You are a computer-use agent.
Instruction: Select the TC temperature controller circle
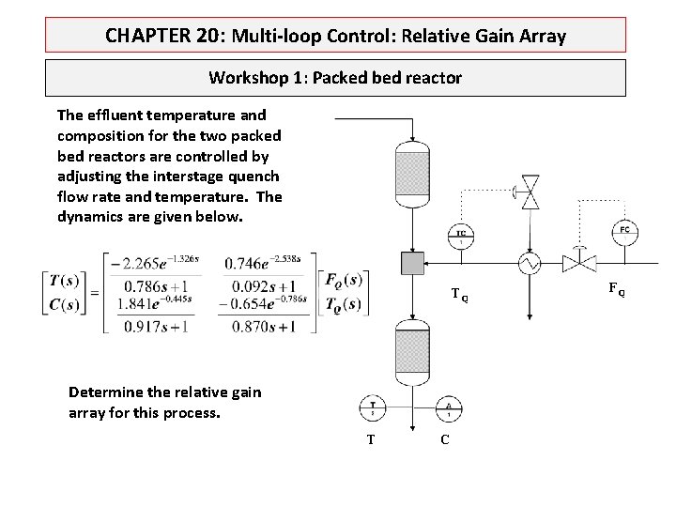point(461,234)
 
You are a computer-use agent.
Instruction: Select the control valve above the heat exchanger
point(530,192)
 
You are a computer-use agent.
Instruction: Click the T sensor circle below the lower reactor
point(372,408)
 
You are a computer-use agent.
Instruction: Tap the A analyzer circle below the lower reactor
point(449,408)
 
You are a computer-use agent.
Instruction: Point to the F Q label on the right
point(616,289)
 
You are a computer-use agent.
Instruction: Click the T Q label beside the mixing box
point(458,295)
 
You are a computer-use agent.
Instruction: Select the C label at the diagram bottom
point(444,440)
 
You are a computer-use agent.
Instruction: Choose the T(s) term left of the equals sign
point(64,279)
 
